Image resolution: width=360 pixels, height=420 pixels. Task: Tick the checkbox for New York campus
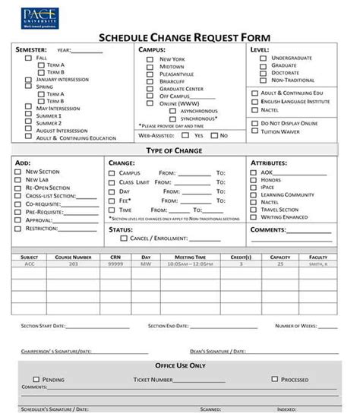(150, 58)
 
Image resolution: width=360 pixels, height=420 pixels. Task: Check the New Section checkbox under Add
(18, 172)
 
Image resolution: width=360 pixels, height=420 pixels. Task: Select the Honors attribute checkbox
(254, 179)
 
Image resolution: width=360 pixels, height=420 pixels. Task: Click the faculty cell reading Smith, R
(318, 264)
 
